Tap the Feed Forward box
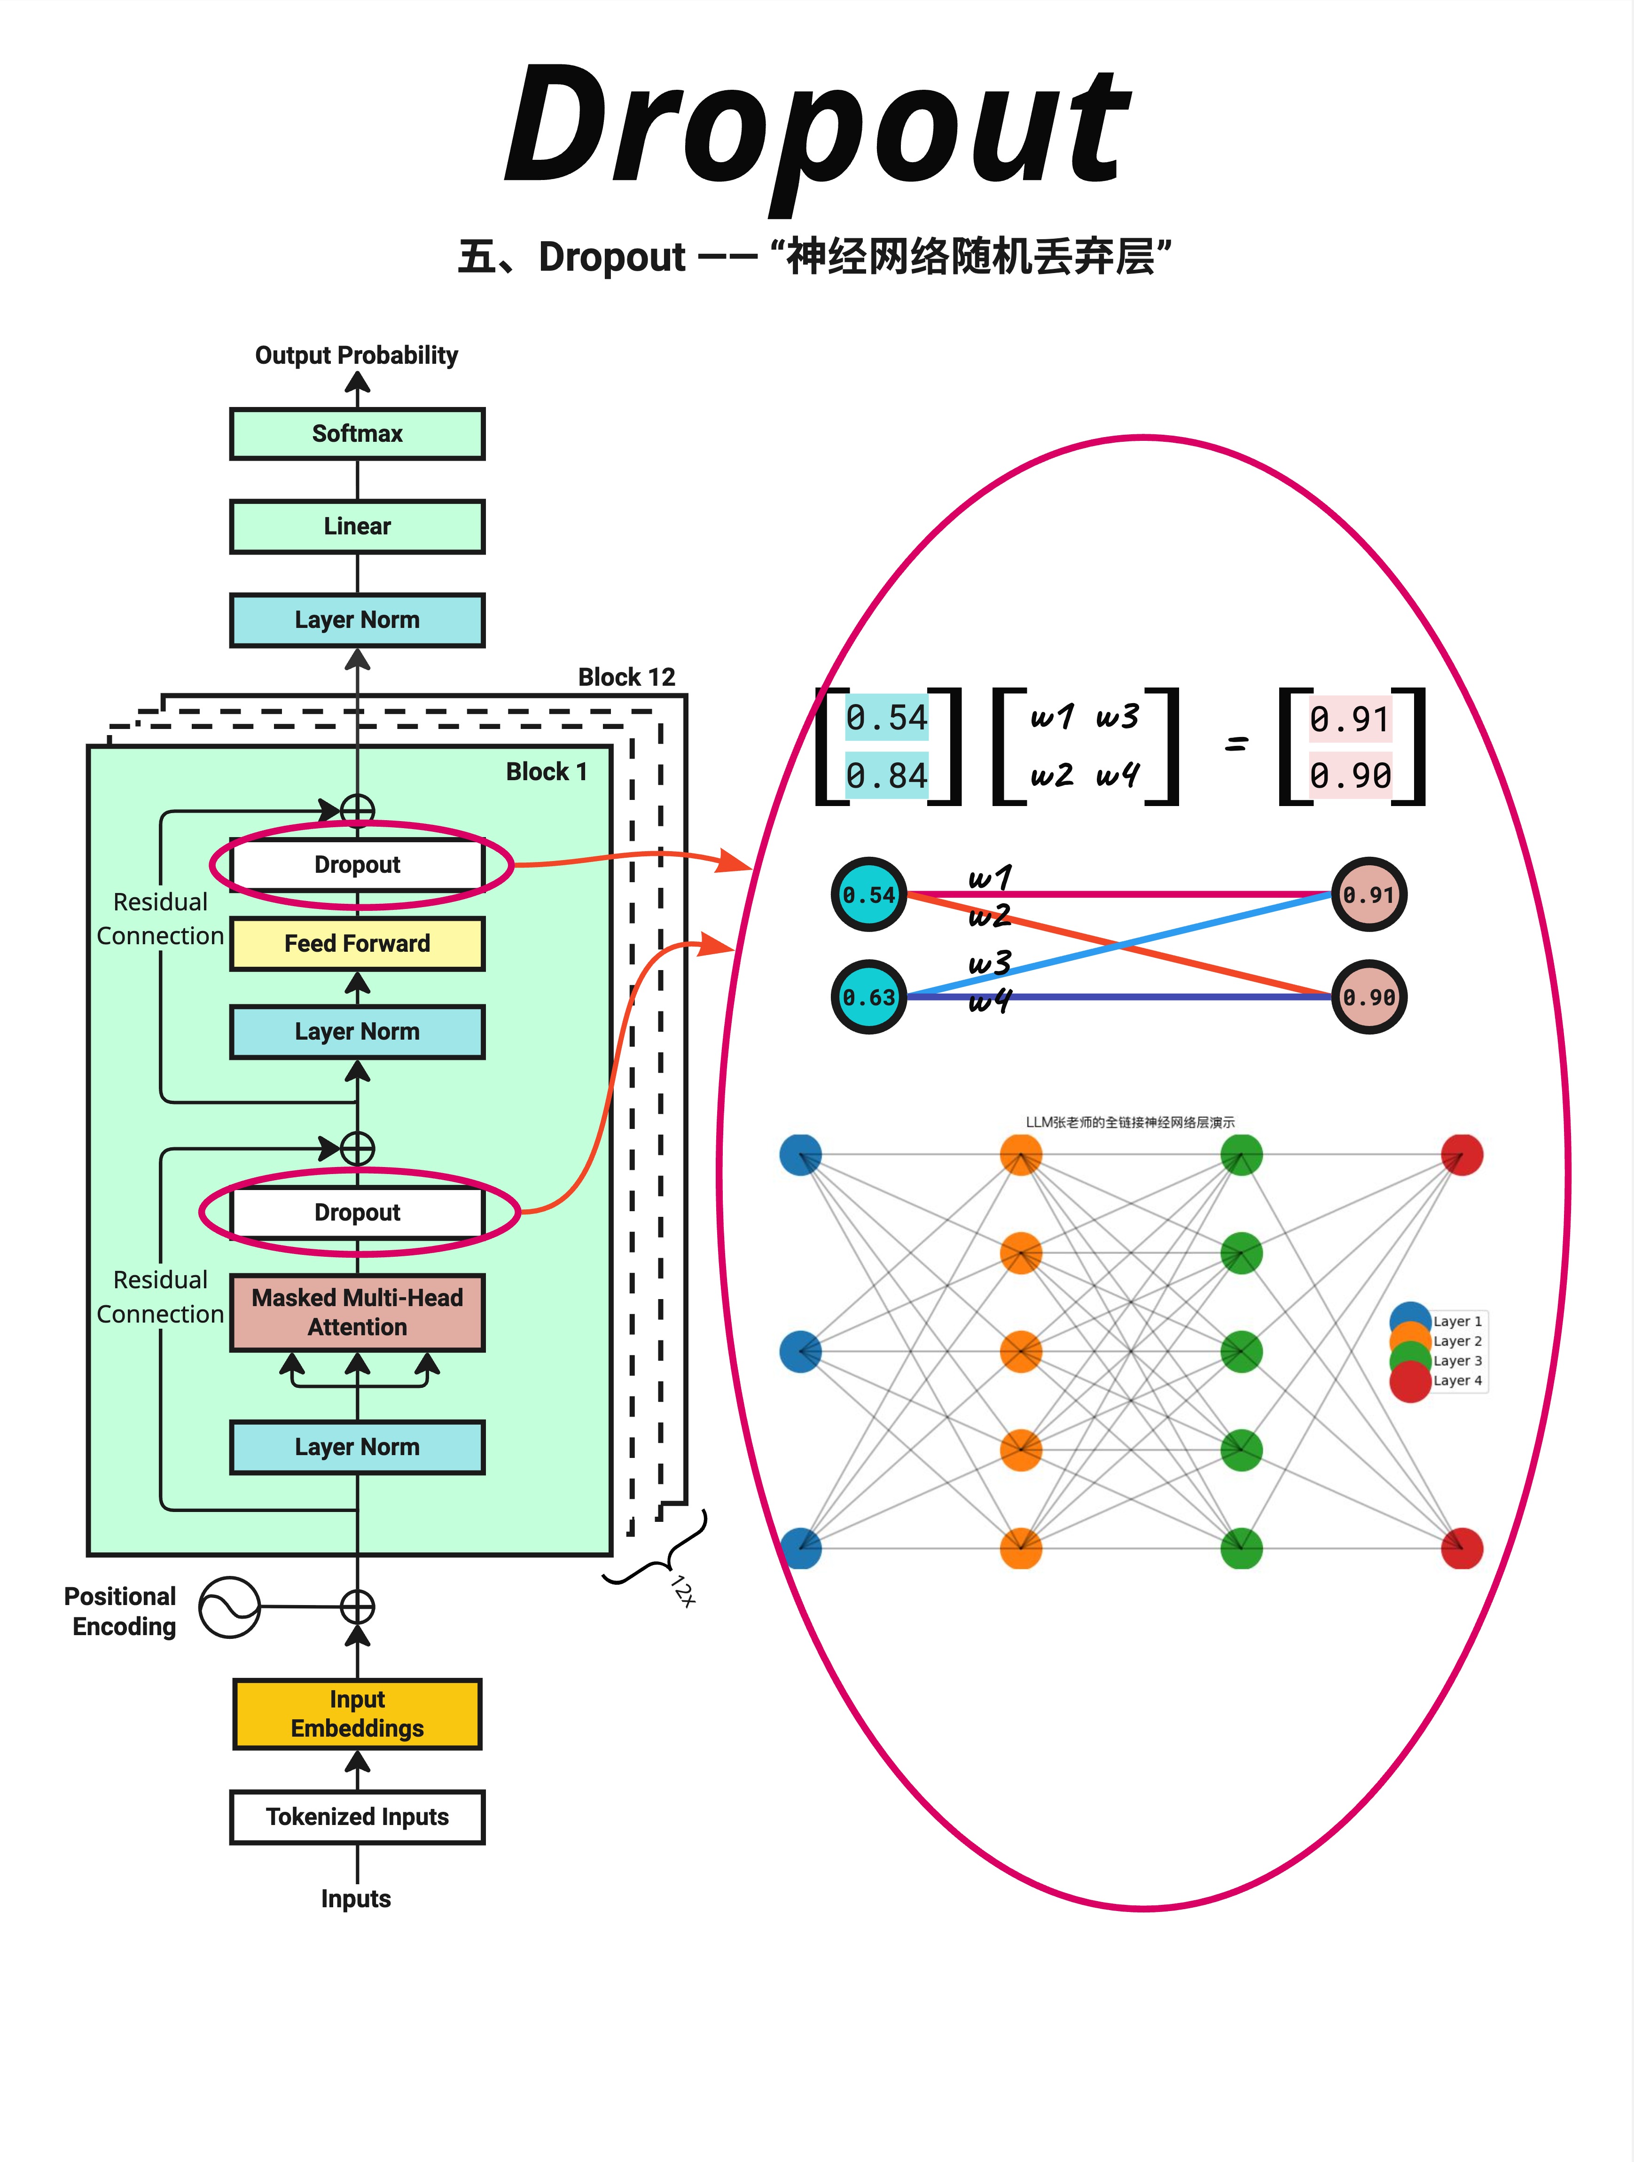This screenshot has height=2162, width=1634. tap(357, 943)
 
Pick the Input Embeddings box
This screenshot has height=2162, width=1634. tap(357, 1713)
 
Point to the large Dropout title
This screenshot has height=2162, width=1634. tap(817, 127)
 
